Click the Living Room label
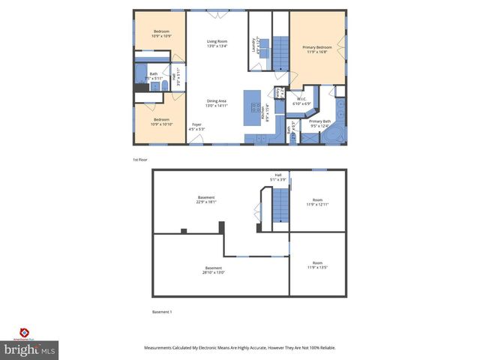tap(217, 43)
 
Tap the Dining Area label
tap(217, 103)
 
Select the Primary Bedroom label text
tap(318, 49)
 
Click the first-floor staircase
tap(279, 53)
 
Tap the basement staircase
tap(279, 205)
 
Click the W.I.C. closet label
tap(301, 101)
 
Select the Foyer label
tap(197, 127)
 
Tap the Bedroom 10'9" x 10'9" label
tap(161, 34)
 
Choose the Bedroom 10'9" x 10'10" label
tap(162, 121)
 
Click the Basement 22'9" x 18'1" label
tap(206, 199)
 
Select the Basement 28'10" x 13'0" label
tap(214, 270)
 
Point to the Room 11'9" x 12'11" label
tap(318, 202)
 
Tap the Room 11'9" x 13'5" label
tap(318, 266)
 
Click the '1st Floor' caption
tap(140, 160)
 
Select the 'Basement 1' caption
tap(163, 311)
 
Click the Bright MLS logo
tap(30, 346)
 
